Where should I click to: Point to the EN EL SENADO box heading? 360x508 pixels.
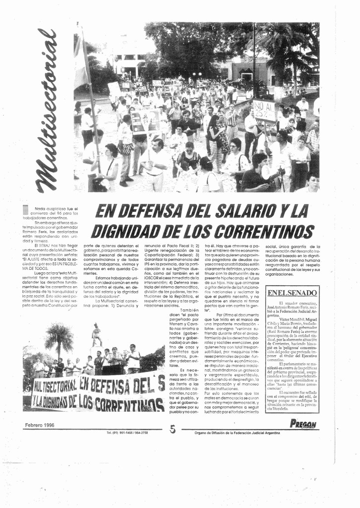tap(292, 293)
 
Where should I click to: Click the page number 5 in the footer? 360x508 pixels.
tap(173, 429)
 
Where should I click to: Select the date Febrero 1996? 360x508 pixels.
tap(40, 425)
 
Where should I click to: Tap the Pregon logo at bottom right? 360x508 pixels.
tap(303, 424)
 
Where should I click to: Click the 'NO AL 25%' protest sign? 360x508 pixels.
tap(264, 111)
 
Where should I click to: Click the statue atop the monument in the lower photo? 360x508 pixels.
tap(96, 334)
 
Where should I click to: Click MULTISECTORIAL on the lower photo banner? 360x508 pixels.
tap(56, 385)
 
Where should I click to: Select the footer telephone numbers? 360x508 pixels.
tap(127, 433)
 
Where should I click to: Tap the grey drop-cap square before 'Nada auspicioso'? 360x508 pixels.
tap(26, 210)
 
